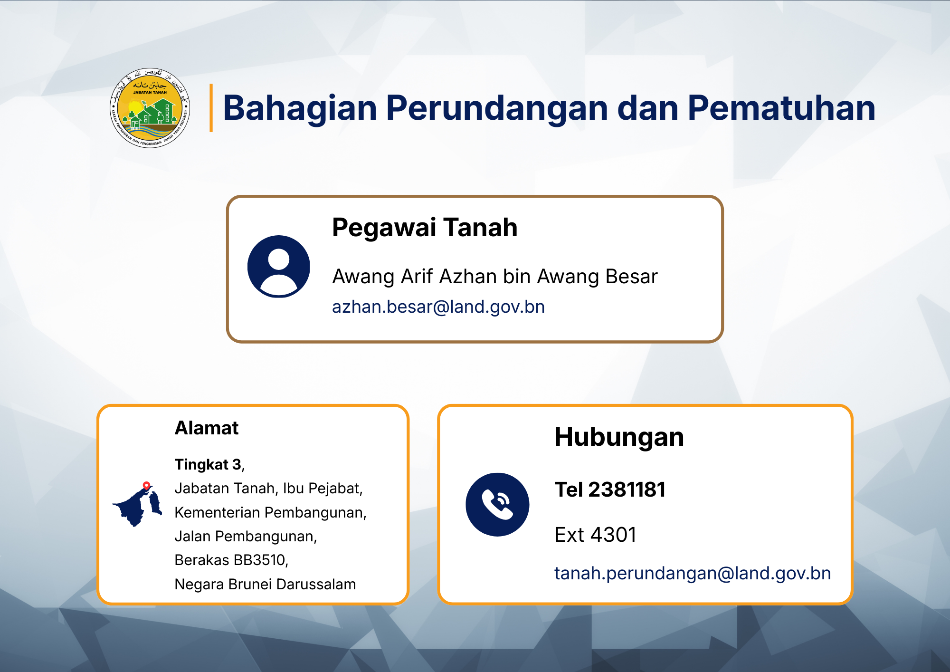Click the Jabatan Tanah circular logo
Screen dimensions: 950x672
click(150, 108)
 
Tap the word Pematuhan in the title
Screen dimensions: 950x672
click(781, 108)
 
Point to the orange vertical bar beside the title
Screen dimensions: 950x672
click(211, 108)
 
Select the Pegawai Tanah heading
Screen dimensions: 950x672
click(425, 228)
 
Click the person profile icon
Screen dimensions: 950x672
click(279, 267)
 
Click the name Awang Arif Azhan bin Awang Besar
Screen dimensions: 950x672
click(495, 277)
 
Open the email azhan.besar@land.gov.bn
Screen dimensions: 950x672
click(438, 307)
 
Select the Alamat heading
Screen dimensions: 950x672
click(207, 428)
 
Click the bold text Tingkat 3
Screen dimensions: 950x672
click(208, 464)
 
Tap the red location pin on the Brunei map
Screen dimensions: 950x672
click(147, 486)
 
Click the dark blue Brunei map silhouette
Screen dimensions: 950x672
click(137, 506)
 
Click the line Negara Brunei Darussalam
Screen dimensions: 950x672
click(265, 584)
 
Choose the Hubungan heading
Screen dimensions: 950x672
click(619, 437)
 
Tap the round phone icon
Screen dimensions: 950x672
click(497, 505)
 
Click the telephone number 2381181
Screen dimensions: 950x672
click(627, 490)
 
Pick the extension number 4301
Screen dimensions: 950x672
click(613, 535)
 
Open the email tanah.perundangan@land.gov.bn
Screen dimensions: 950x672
click(693, 574)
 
